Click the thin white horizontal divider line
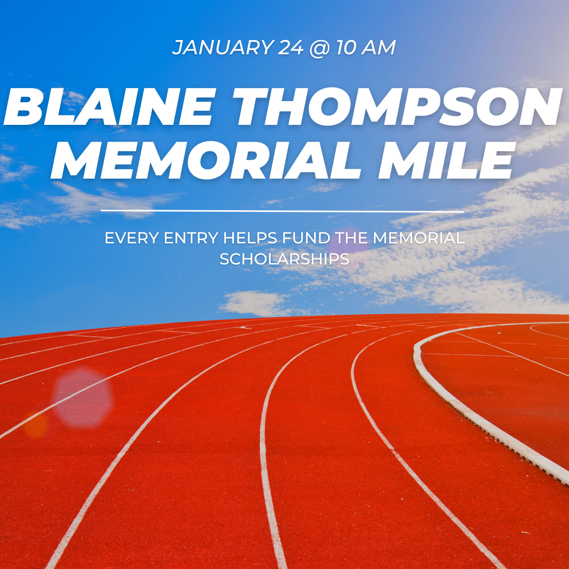point(282,211)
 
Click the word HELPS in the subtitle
point(251,238)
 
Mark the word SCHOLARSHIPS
point(284,259)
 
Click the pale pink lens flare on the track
point(82,397)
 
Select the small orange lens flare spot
point(36,425)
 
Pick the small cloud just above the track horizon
point(253,303)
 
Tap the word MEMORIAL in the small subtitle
point(419,238)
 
